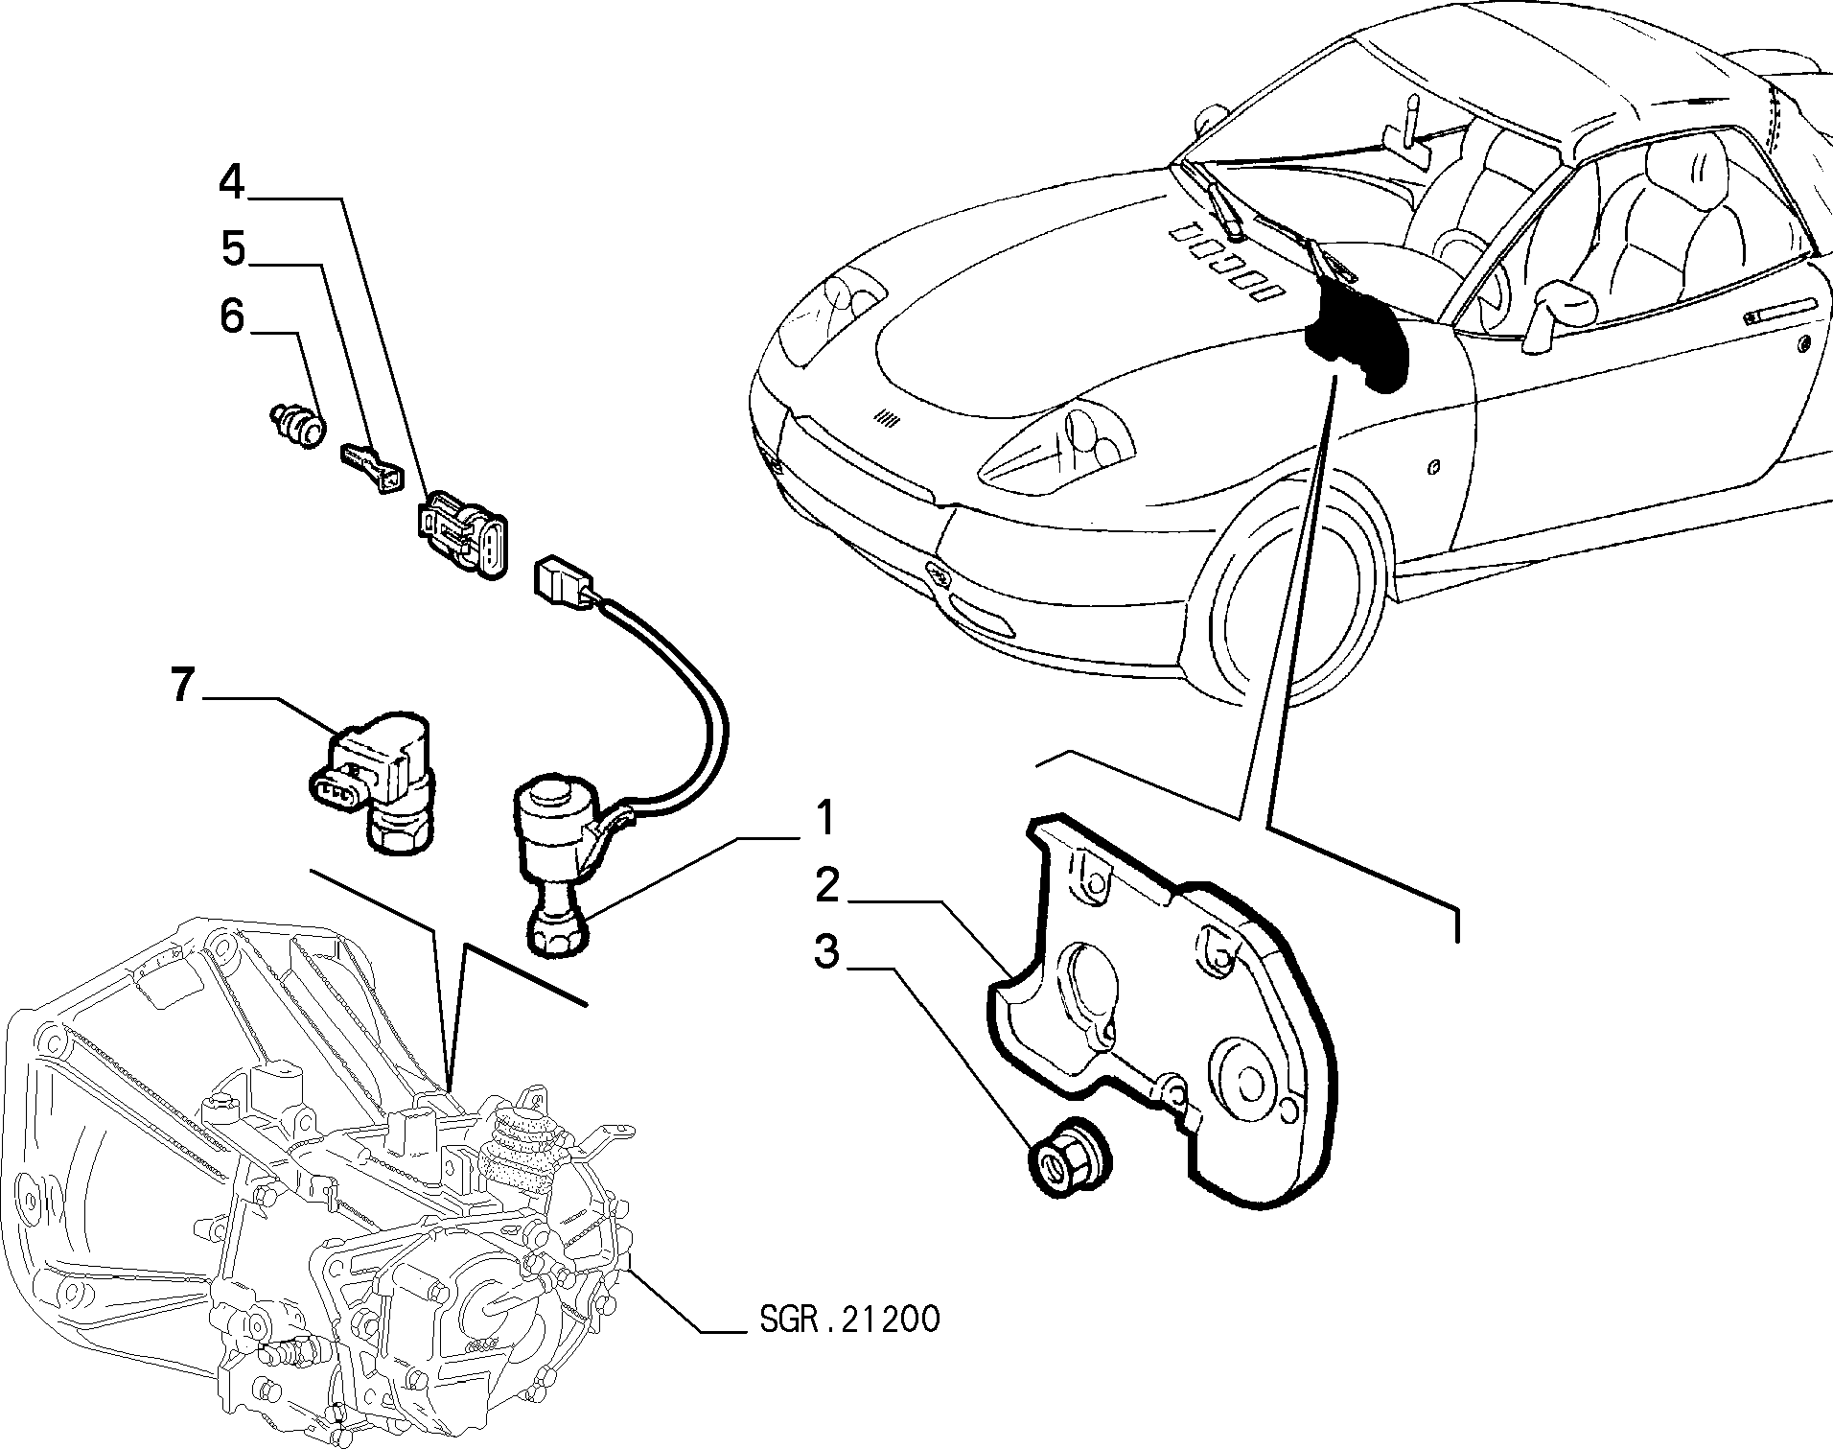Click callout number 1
pyautogui.click(x=824, y=819)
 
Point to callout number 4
pyautogui.click(x=232, y=182)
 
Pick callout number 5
pyautogui.click(x=233, y=248)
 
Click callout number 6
pyautogui.click(x=233, y=316)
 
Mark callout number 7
pyautogui.click(x=183, y=686)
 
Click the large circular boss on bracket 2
pyautogui.click(x=1247, y=1079)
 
